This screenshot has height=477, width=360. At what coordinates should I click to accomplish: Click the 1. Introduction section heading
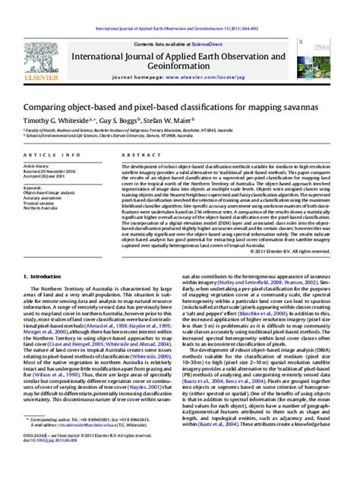click(x=46, y=255)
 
